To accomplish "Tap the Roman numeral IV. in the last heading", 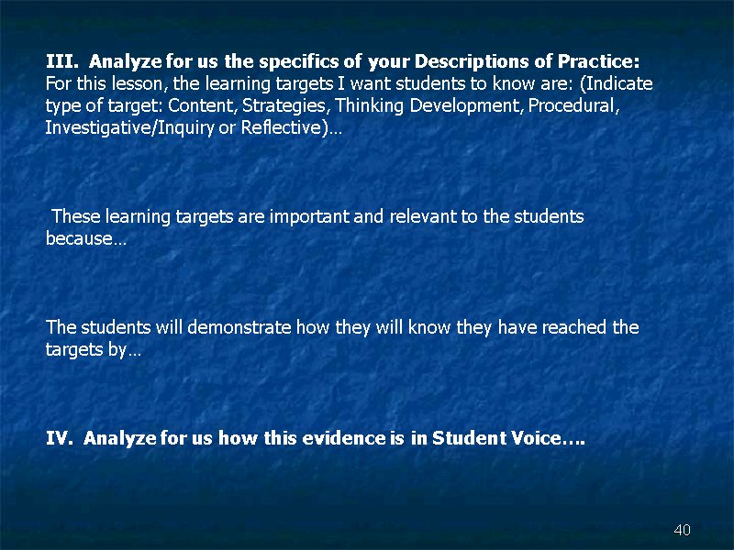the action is [x=60, y=438].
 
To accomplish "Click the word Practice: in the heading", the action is [x=598, y=61].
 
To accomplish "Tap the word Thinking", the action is [x=369, y=106].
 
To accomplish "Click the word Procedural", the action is [x=574, y=105].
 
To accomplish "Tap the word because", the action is [x=79, y=238].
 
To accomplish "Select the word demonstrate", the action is [x=239, y=327].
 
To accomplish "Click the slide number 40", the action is [x=682, y=530].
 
